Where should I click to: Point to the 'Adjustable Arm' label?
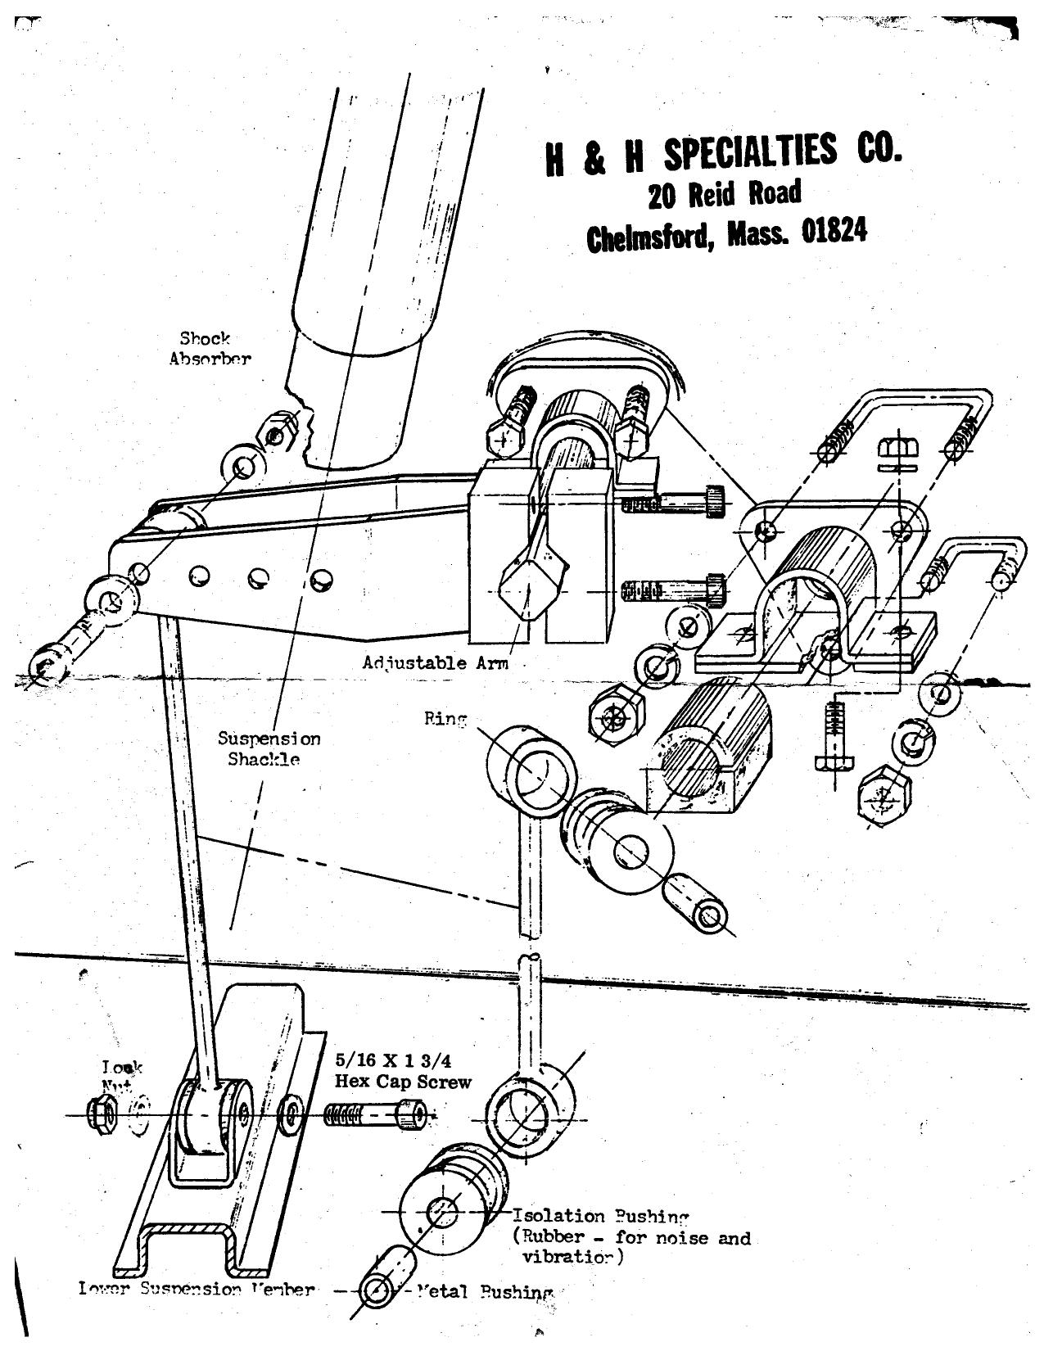coord(435,662)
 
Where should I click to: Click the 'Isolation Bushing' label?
coord(601,1218)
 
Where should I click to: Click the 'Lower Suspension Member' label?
coord(197,1289)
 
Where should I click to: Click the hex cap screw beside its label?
coord(373,1114)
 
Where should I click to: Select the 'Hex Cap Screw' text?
coord(403,1082)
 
